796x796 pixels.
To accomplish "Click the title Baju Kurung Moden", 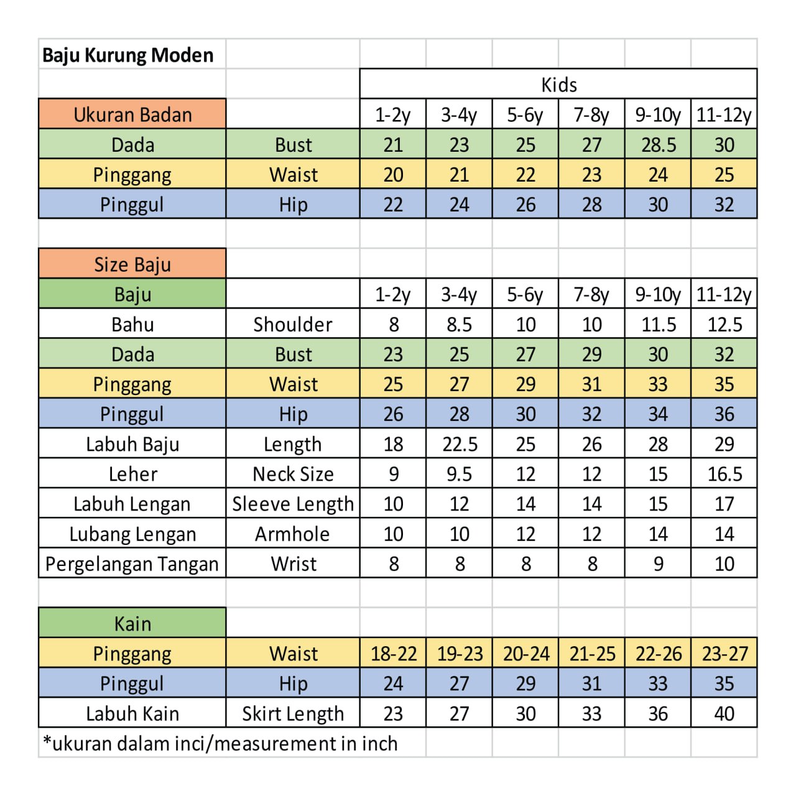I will [x=127, y=55].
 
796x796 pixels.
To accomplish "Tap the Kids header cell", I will [x=558, y=85].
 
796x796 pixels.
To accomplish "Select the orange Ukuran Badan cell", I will [x=132, y=114].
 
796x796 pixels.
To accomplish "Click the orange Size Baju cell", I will [x=132, y=264].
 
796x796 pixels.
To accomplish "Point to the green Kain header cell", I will [x=132, y=623].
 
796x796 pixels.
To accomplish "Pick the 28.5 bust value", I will [x=658, y=145].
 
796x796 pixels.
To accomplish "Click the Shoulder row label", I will [x=292, y=324].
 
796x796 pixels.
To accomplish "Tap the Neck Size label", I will [x=292, y=474].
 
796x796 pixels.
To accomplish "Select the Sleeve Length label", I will [x=292, y=504].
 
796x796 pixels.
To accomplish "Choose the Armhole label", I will [x=292, y=534].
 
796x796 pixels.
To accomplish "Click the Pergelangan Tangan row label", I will [x=132, y=563].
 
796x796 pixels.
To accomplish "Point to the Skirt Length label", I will [x=292, y=713].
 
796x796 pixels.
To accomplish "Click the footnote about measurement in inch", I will [x=220, y=743].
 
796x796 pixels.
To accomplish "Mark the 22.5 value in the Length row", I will [x=460, y=444].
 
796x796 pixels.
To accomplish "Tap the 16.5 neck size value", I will [x=724, y=474].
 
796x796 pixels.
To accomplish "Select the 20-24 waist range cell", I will [x=526, y=654].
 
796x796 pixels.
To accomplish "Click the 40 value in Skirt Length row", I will [x=724, y=713].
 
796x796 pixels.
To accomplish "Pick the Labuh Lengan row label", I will [x=132, y=504].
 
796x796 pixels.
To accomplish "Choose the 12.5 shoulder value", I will [x=724, y=324].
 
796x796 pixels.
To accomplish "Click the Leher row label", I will [x=132, y=474].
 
